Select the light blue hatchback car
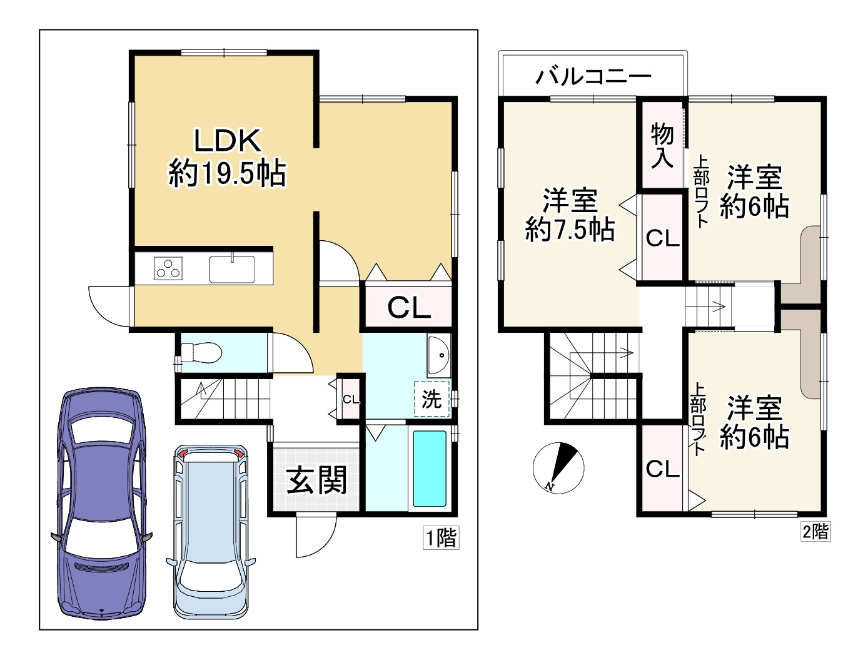tap(211, 532)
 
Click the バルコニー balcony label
tap(593, 76)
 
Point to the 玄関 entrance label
tap(316, 480)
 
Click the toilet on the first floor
tap(201, 353)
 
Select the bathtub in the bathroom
tap(430, 468)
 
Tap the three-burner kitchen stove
tap(168, 269)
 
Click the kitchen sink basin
tap(232, 269)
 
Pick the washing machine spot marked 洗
tap(431, 399)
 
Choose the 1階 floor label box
tap(441, 537)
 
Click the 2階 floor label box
tap(815, 531)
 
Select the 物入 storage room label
tap(662, 145)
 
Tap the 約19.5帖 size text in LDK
tap(228, 173)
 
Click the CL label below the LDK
tap(409, 308)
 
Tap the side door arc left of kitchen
tap(109, 306)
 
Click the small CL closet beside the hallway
tap(350, 399)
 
